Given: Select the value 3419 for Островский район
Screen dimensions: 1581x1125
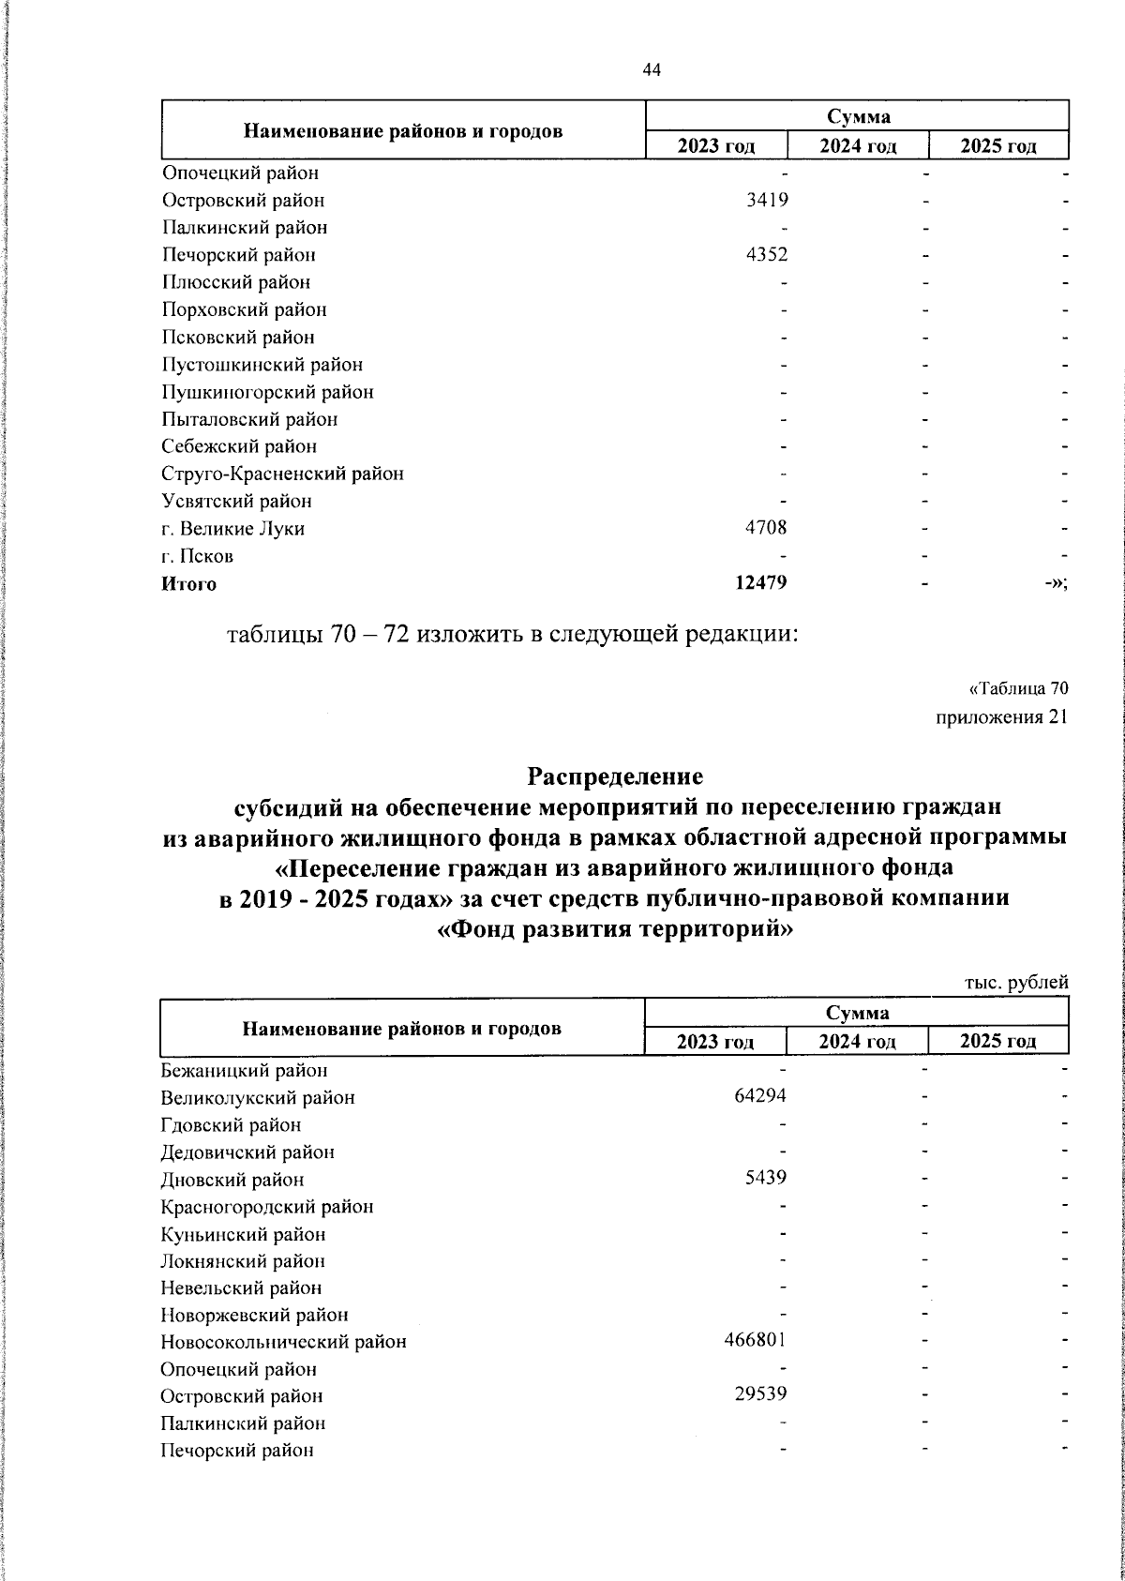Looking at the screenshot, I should [766, 200].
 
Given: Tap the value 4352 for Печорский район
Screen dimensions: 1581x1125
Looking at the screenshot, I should [766, 254].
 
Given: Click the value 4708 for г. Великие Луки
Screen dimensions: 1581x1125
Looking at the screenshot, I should [766, 528].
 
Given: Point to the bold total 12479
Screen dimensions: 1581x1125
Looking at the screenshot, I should [760, 583].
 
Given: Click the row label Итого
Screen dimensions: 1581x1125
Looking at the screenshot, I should [188, 584].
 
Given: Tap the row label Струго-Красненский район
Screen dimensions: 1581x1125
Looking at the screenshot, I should [282, 474].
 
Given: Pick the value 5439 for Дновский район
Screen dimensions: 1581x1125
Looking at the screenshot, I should [766, 1179].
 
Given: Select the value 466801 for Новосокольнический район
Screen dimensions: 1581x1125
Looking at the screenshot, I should [755, 1340].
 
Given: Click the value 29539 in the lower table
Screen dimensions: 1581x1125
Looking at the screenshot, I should [760, 1394].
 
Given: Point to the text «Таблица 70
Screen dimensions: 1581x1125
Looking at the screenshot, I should [1018, 689].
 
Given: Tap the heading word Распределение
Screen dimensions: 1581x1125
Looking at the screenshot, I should [615, 776].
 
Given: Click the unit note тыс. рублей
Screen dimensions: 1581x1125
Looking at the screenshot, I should [1016, 983].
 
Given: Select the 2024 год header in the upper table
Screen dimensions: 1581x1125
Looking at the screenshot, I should [858, 145].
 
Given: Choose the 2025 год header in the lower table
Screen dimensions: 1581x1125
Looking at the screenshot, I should [997, 1041].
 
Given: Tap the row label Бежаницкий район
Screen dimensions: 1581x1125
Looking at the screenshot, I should [244, 1070].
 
